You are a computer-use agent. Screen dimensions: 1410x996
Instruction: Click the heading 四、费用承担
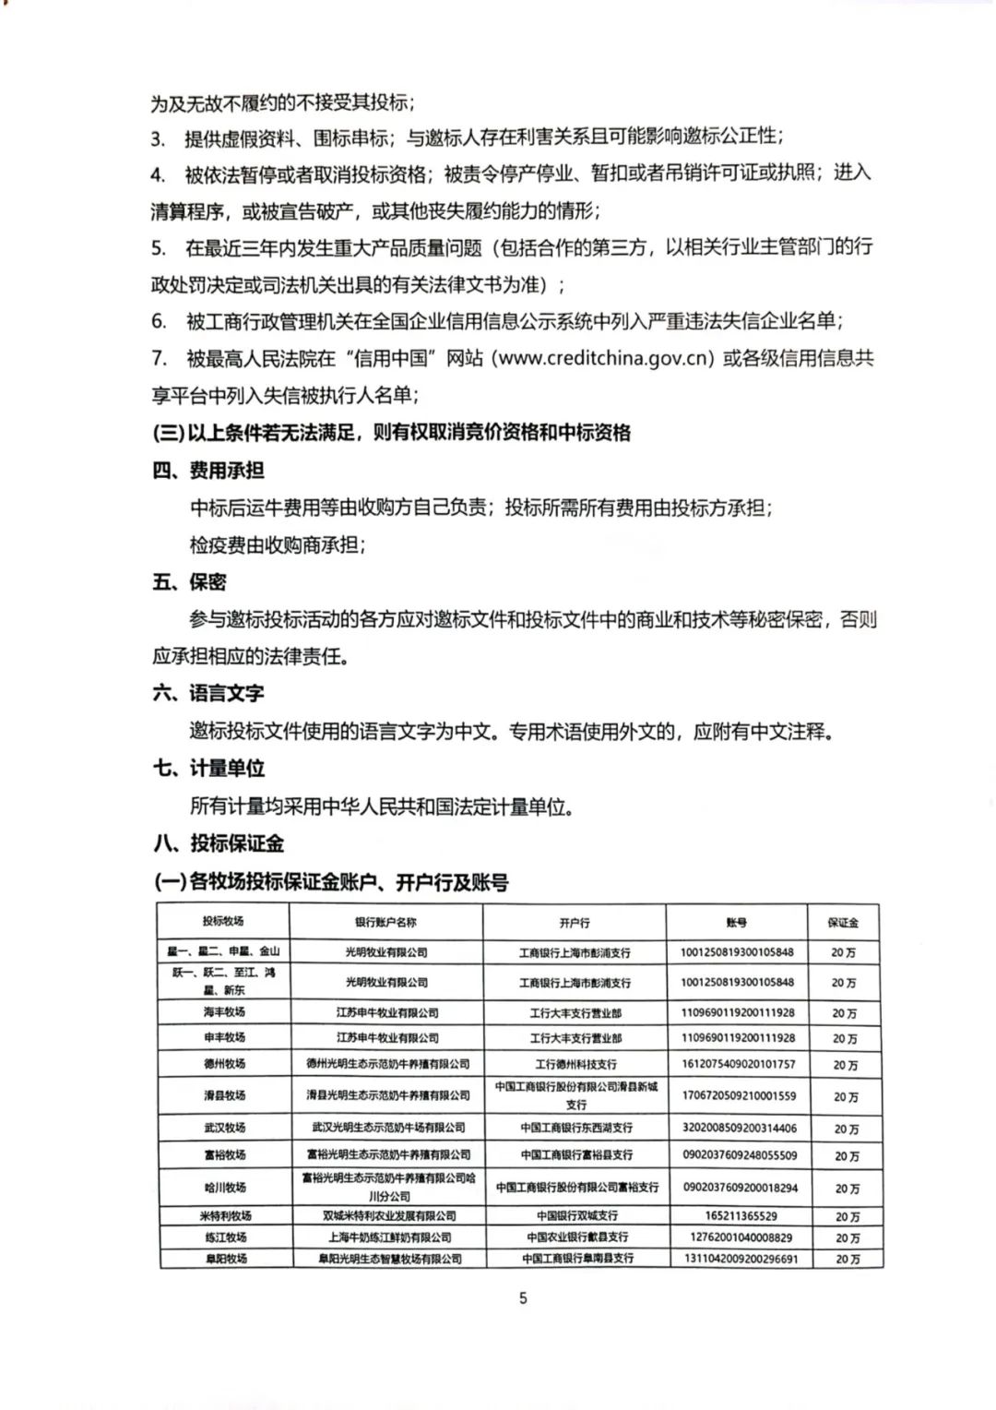[208, 471]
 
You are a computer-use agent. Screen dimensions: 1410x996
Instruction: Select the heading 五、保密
[189, 582]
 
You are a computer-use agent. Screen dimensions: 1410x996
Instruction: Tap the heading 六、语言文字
[208, 694]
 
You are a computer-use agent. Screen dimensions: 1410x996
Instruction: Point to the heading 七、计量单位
[208, 769]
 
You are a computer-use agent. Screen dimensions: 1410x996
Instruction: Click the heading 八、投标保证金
[219, 843]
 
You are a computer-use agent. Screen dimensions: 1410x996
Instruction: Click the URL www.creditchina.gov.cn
[605, 358]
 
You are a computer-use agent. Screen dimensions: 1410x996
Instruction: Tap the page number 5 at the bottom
[523, 1298]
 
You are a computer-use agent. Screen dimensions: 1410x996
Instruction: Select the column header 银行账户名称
[385, 922]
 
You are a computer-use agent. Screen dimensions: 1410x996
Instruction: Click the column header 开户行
[574, 923]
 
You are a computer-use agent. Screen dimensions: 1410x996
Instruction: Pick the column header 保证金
[843, 923]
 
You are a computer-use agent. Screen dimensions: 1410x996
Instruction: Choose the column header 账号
[736, 923]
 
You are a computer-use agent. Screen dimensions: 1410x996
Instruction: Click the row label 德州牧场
[224, 1064]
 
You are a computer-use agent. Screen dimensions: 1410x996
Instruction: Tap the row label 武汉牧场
[224, 1128]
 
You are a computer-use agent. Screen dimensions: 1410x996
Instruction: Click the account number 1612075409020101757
[738, 1064]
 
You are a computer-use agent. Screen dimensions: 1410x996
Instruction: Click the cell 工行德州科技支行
[575, 1064]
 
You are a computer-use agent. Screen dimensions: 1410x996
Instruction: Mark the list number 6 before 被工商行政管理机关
[159, 321]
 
